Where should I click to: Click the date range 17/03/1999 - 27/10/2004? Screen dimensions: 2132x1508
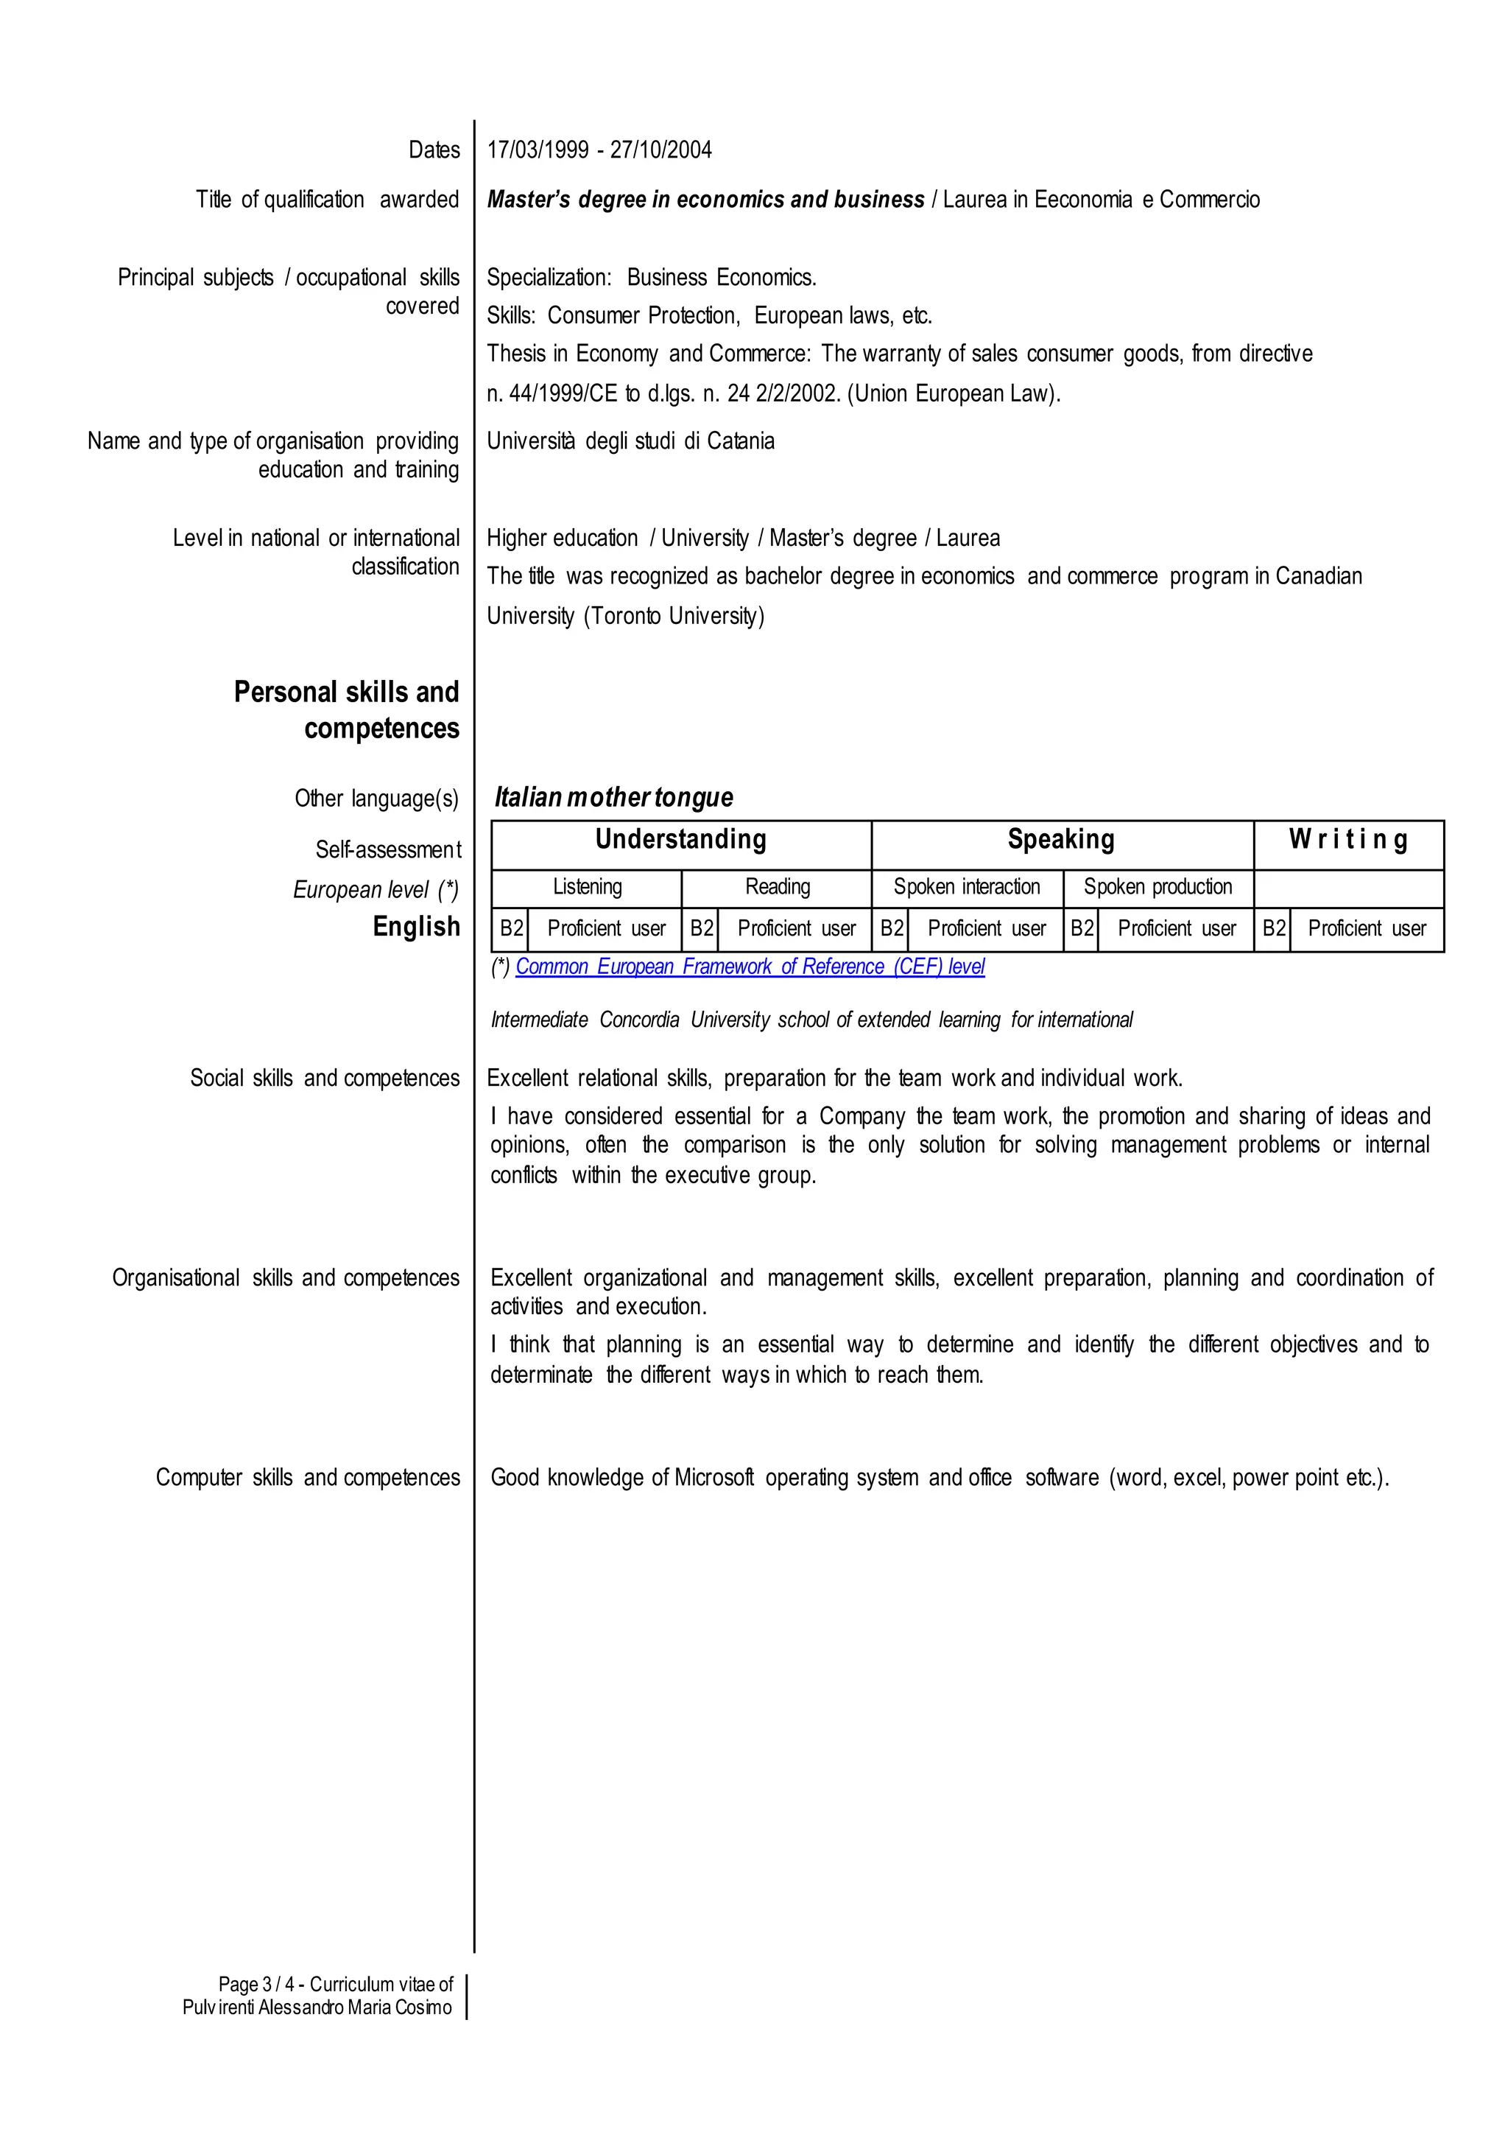[x=599, y=150]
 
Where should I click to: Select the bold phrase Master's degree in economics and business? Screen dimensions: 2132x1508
[x=705, y=200]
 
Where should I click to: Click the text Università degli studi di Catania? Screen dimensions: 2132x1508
[x=630, y=441]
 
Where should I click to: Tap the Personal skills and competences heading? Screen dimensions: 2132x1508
[x=346, y=709]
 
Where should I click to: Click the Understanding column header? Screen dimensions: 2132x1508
[x=680, y=840]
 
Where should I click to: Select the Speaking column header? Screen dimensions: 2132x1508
[x=1060, y=840]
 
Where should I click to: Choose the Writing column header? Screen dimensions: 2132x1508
[x=1347, y=840]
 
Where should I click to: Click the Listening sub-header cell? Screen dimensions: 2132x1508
[x=587, y=887]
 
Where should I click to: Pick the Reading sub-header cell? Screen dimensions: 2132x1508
[x=778, y=887]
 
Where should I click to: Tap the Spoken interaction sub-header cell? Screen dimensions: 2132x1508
[x=967, y=887]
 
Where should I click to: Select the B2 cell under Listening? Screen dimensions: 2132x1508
[x=511, y=929]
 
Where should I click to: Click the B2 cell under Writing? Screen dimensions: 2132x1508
[x=1273, y=929]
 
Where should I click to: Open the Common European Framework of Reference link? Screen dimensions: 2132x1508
[x=750, y=967]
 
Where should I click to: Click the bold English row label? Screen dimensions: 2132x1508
[x=416, y=926]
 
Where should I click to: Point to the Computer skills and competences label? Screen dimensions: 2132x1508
[x=307, y=1477]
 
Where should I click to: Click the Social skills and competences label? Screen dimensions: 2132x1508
[x=324, y=1078]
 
